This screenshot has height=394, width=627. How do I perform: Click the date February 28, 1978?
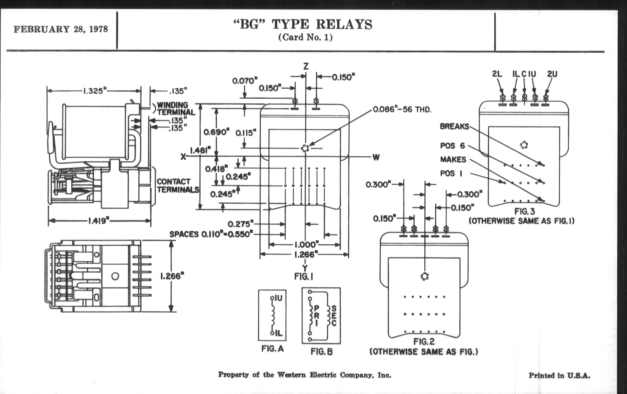[61, 29]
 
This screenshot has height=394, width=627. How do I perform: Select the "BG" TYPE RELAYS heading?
[303, 25]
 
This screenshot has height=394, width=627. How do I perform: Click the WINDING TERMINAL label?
[176, 109]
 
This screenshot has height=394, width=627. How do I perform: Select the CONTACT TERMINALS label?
[178, 186]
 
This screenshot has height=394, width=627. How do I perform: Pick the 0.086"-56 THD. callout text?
[402, 109]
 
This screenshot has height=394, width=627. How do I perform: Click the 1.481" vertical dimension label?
[200, 151]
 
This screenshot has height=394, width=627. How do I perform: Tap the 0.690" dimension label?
[216, 132]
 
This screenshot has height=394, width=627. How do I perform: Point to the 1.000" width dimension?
[307, 245]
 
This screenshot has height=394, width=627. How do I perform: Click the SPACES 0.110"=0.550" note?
[211, 234]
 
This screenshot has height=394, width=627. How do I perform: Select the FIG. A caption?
[272, 349]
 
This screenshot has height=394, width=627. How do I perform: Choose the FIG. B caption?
[321, 352]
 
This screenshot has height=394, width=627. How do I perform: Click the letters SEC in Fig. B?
[334, 316]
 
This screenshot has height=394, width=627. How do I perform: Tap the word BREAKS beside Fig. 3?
[454, 126]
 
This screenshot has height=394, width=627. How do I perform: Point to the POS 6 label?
[452, 146]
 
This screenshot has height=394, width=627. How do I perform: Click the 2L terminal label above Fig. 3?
[497, 74]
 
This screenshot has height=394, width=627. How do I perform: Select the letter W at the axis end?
[376, 157]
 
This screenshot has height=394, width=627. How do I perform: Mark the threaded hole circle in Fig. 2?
[425, 276]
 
